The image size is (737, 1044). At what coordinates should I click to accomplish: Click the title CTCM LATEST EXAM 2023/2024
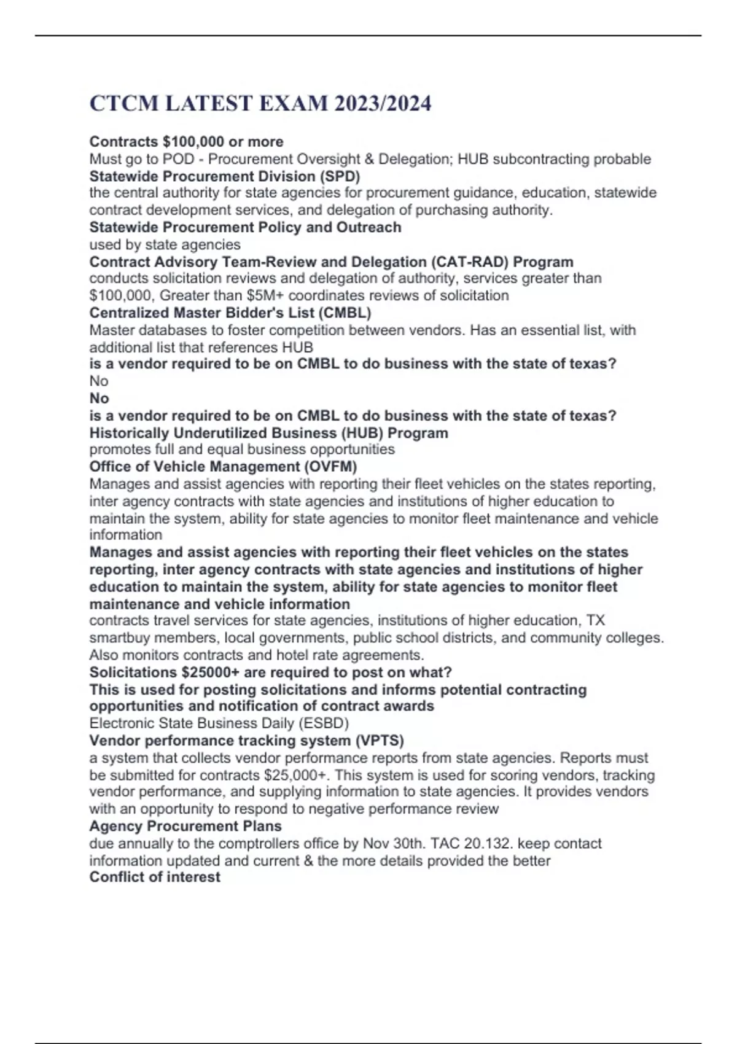point(260,103)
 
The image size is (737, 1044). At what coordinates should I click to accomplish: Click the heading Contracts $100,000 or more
point(186,142)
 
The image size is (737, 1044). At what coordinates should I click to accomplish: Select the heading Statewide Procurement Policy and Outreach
point(245,227)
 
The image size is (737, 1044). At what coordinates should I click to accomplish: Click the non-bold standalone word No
point(99,381)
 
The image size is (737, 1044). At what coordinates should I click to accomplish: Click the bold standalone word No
point(99,398)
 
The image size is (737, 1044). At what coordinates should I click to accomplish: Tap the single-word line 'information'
point(126,535)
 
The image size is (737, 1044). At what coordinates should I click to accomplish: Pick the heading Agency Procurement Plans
point(185,827)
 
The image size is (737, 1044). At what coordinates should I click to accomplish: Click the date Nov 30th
point(393,844)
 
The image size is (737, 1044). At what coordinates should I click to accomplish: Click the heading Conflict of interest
point(155,877)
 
